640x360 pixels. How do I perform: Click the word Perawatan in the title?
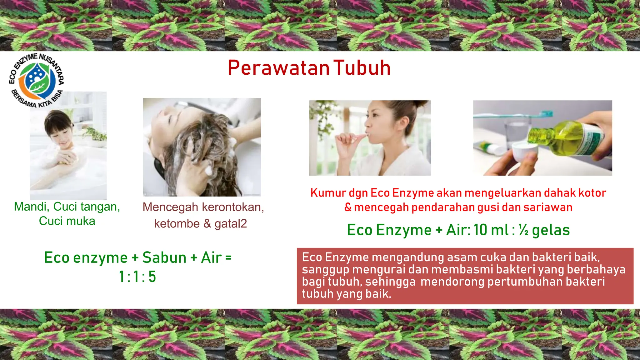coord(278,68)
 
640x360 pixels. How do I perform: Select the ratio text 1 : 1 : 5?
coord(137,277)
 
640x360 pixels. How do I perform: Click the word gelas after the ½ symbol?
coord(551,230)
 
